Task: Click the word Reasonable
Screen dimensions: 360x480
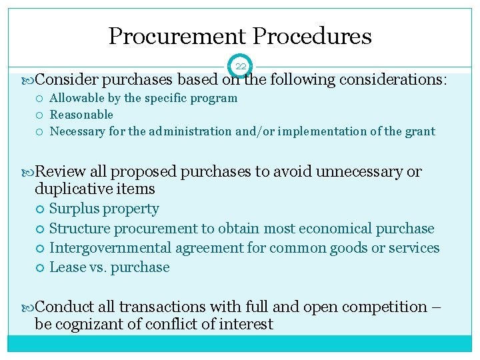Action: [81, 115]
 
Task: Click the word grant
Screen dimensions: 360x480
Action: [419, 131]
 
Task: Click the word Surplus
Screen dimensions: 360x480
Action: [71, 209]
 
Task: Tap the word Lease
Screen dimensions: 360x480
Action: [65, 267]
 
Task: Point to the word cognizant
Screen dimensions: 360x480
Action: [91, 325]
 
